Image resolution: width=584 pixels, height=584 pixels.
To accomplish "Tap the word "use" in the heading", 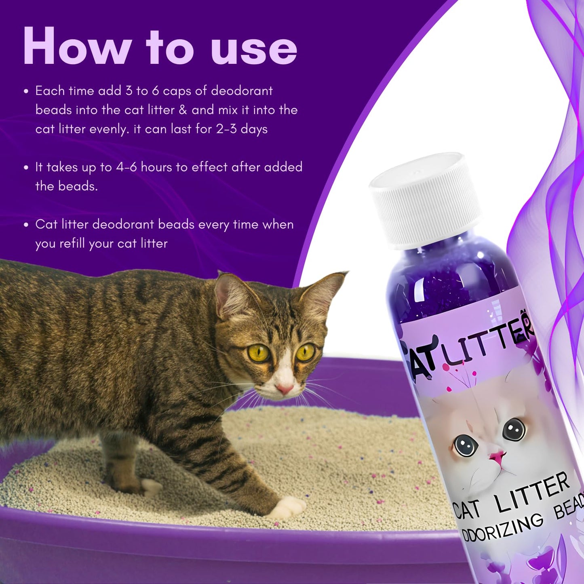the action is (x=254, y=50).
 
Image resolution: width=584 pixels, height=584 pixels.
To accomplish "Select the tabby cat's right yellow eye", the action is (x=306, y=352).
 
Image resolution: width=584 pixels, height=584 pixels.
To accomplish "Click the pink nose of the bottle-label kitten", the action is (x=498, y=456).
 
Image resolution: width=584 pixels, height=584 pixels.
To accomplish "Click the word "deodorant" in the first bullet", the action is (x=242, y=91).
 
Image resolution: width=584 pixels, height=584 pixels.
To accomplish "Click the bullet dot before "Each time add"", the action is (x=26, y=91).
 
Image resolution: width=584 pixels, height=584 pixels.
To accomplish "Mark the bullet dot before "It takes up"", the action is (x=26, y=168).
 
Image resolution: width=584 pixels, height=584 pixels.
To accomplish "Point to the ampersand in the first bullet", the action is (x=183, y=110).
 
